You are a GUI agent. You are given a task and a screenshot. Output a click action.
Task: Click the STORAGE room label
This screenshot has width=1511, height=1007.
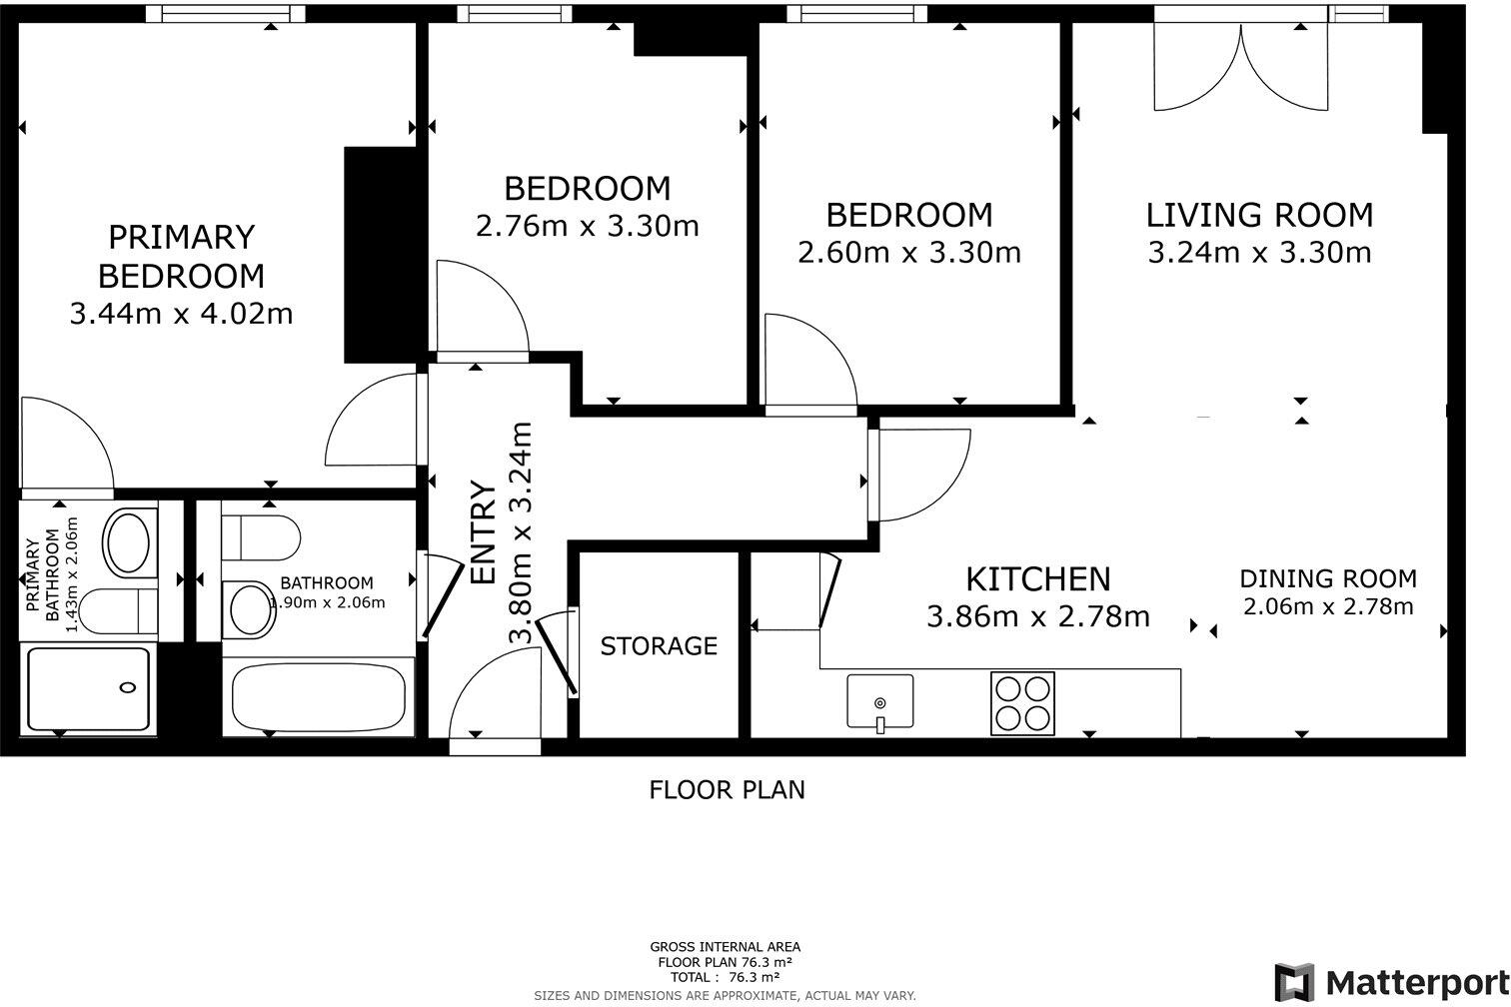pos(659,646)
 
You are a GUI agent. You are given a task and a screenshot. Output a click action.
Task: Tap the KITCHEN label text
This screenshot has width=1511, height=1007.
pos(1038,579)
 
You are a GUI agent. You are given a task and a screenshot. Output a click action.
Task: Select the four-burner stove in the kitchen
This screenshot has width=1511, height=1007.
pos(1022,703)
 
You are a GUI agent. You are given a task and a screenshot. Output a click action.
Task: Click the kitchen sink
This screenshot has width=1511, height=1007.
pos(880,702)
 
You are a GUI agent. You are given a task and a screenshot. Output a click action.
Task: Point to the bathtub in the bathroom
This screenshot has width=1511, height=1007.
pos(319,697)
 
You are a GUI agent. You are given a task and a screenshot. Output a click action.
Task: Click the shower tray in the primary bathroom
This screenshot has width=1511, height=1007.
pos(88,688)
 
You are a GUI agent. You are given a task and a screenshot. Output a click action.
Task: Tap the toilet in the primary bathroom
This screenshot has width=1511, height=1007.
pos(119,611)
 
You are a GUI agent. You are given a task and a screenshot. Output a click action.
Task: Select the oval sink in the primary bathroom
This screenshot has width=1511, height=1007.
pos(129,543)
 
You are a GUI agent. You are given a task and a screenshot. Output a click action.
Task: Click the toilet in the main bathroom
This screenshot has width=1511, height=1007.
pos(261,537)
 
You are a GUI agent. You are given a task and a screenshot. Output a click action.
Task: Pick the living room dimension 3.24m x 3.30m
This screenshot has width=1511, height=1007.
pos(1259,253)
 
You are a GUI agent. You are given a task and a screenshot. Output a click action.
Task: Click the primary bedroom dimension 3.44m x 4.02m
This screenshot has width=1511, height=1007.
pos(182,314)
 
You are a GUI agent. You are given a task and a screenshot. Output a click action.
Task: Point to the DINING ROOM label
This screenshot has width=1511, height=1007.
pos(1328,578)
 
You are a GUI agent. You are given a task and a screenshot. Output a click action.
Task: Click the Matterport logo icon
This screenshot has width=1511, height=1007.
pos(1294,983)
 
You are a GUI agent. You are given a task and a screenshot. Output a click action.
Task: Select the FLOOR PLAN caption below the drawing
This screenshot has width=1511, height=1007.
pos(728,790)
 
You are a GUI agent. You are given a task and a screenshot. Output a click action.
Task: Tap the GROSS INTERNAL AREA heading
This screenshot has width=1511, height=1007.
pos(726,947)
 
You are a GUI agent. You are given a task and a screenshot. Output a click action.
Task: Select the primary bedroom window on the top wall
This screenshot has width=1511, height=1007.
pos(225,14)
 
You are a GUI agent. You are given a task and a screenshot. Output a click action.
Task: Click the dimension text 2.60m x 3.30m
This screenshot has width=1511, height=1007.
pos(909,253)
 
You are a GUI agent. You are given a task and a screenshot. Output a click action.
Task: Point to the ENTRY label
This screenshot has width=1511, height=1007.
pos(483,532)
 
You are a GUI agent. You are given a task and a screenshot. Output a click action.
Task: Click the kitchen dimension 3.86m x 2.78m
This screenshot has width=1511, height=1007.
pos(1038,616)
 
